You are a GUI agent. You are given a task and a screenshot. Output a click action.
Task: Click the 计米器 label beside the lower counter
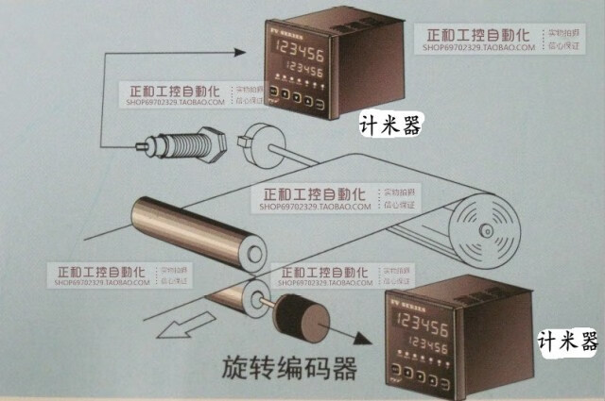click(x=568, y=341)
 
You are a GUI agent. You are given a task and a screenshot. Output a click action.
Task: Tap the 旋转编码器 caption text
click(x=289, y=367)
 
